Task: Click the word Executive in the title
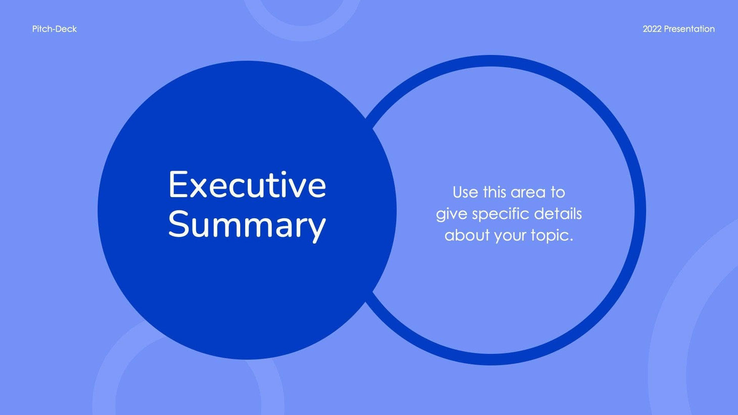coord(247,185)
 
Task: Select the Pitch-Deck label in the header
coord(54,29)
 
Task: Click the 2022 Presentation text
coord(678,29)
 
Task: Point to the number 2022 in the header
coord(652,29)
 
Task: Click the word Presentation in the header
coord(689,29)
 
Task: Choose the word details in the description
coord(558,214)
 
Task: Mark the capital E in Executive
coord(178,185)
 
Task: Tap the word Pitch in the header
coord(42,29)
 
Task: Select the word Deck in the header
coord(67,29)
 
